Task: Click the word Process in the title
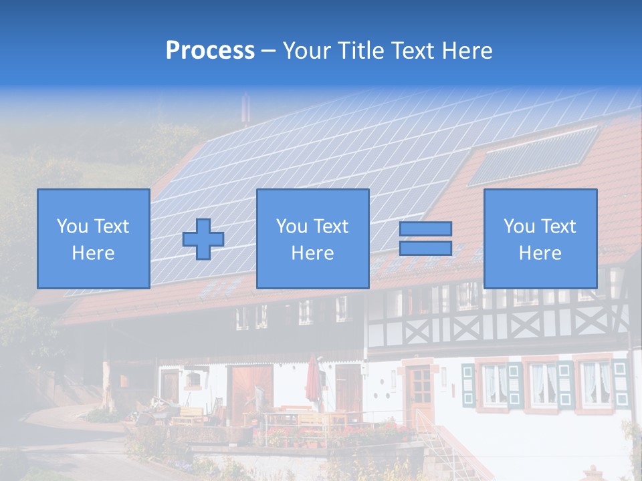click(x=210, y=50)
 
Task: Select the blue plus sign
click(x=203, y=238)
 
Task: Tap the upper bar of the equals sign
click(x=425, y=228)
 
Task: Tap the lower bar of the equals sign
click(x=425, y=248)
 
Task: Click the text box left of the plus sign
click(x=93, y=238)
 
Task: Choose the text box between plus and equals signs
click(x=312, y=238)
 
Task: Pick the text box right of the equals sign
click(x=540, y=238)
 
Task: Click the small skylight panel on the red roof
click(x=534, y=155)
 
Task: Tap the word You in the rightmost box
click(x=519, y=226)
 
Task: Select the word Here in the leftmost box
click(x=93, y=253)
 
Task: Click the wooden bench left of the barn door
click(x=189, y=414)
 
